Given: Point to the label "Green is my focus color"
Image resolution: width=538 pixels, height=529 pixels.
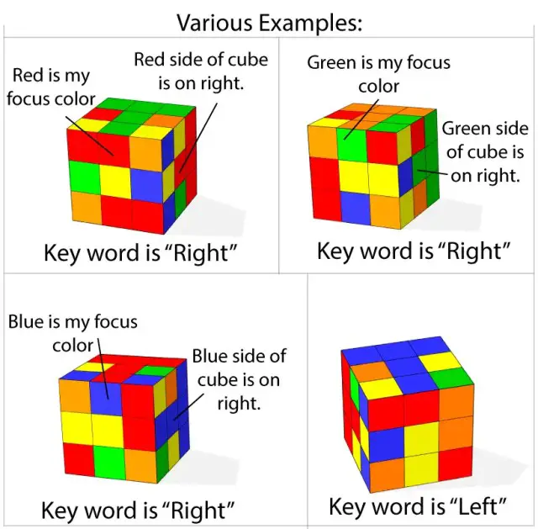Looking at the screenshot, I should click(x=378, y=74).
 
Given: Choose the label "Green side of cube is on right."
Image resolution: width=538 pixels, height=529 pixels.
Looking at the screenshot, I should click(x=485, y=151).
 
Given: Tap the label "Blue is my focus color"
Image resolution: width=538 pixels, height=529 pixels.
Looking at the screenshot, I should click(x=72, y=333).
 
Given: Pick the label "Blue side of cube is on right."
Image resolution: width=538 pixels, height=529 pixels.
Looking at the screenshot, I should click(x=239, y=379).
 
